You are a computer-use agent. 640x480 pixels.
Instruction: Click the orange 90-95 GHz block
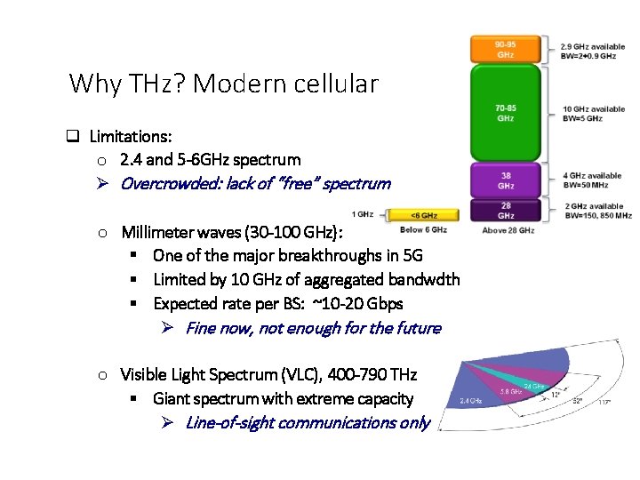(x=505, y=49)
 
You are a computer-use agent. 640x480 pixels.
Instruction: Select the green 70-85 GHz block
(x=505, y=113)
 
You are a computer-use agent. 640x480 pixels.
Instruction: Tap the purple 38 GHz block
(x=505, y=180)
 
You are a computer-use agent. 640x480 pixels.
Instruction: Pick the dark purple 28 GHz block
(x=505, y=210)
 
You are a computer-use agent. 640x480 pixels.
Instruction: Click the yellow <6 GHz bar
(x=424, y=214)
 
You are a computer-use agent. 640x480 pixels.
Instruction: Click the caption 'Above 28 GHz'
(x=508, y=230)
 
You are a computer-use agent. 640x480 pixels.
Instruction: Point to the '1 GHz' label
(x=363, y=214)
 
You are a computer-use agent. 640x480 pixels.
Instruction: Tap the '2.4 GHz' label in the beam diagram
(x=470, y=401)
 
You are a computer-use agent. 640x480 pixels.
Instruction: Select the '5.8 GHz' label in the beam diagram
(x=510, y=391)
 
